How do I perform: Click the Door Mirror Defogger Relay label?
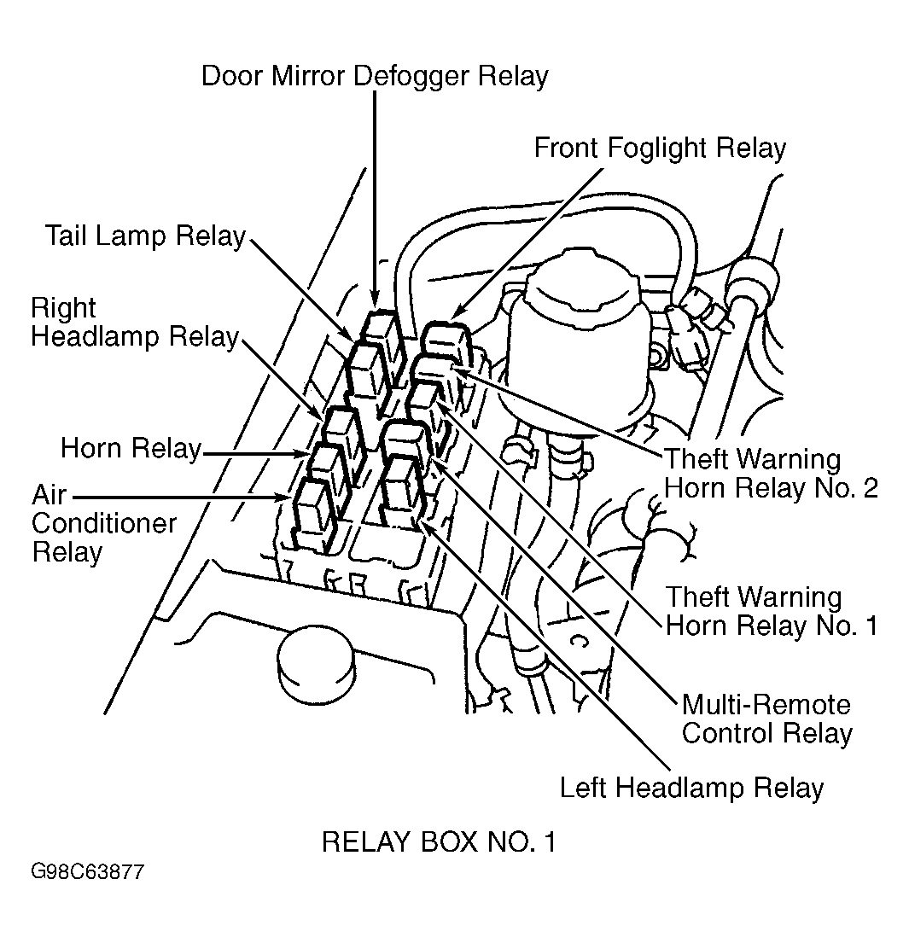click(x=375, y=76)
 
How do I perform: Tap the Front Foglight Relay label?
click(x=660, y=148)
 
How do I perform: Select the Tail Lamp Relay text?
click(x=146, y=236)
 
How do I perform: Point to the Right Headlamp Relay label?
click(x=135, y=323)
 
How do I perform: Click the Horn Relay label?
click(x=131, y=449)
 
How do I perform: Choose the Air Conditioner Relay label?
click(x=103, y=524)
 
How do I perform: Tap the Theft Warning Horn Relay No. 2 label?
click(x=771, y=474)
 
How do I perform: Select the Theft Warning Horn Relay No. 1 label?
click(x=772, y=611)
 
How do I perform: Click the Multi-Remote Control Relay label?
click(x=767, y=719)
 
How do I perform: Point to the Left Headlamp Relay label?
click(x=691, y=788)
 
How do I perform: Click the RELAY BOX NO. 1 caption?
click(x=440, y=842)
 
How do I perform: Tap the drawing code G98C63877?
click(x=88, y=872)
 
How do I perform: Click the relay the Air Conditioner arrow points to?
click(x=315, y=515)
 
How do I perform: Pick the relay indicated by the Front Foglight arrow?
click(x=447, y=343)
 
